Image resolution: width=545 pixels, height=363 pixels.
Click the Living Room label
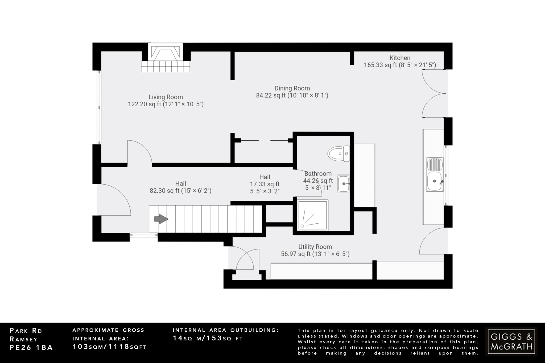[x=166, y=97]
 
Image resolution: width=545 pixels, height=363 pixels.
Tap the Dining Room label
[x=292, y=88]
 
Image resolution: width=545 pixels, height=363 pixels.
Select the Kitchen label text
[x=400, y=58]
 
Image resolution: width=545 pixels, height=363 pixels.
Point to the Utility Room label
[x=315, y=247]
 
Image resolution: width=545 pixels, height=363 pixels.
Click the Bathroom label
[x=318, y=174]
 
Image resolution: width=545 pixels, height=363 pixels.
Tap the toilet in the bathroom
[x=338, y=154]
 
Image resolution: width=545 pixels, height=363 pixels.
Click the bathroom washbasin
[x=343, y=184]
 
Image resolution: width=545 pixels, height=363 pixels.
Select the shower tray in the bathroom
[x=313, y=215]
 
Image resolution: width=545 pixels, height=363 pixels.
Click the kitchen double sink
[x=435, y=174]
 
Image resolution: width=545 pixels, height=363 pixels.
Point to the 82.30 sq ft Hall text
[x=180, y=191]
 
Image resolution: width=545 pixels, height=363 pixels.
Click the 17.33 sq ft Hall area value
[x=265, y=184]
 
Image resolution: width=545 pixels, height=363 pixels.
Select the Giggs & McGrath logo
[x=511, y=341]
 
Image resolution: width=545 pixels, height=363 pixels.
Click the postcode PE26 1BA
[x=31, y=348]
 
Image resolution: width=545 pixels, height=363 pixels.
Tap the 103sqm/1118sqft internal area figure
[x=109, y=347]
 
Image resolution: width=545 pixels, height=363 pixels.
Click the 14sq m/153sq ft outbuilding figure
[x=208, y=338]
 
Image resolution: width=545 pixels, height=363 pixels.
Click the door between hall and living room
[x=139, y=153]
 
